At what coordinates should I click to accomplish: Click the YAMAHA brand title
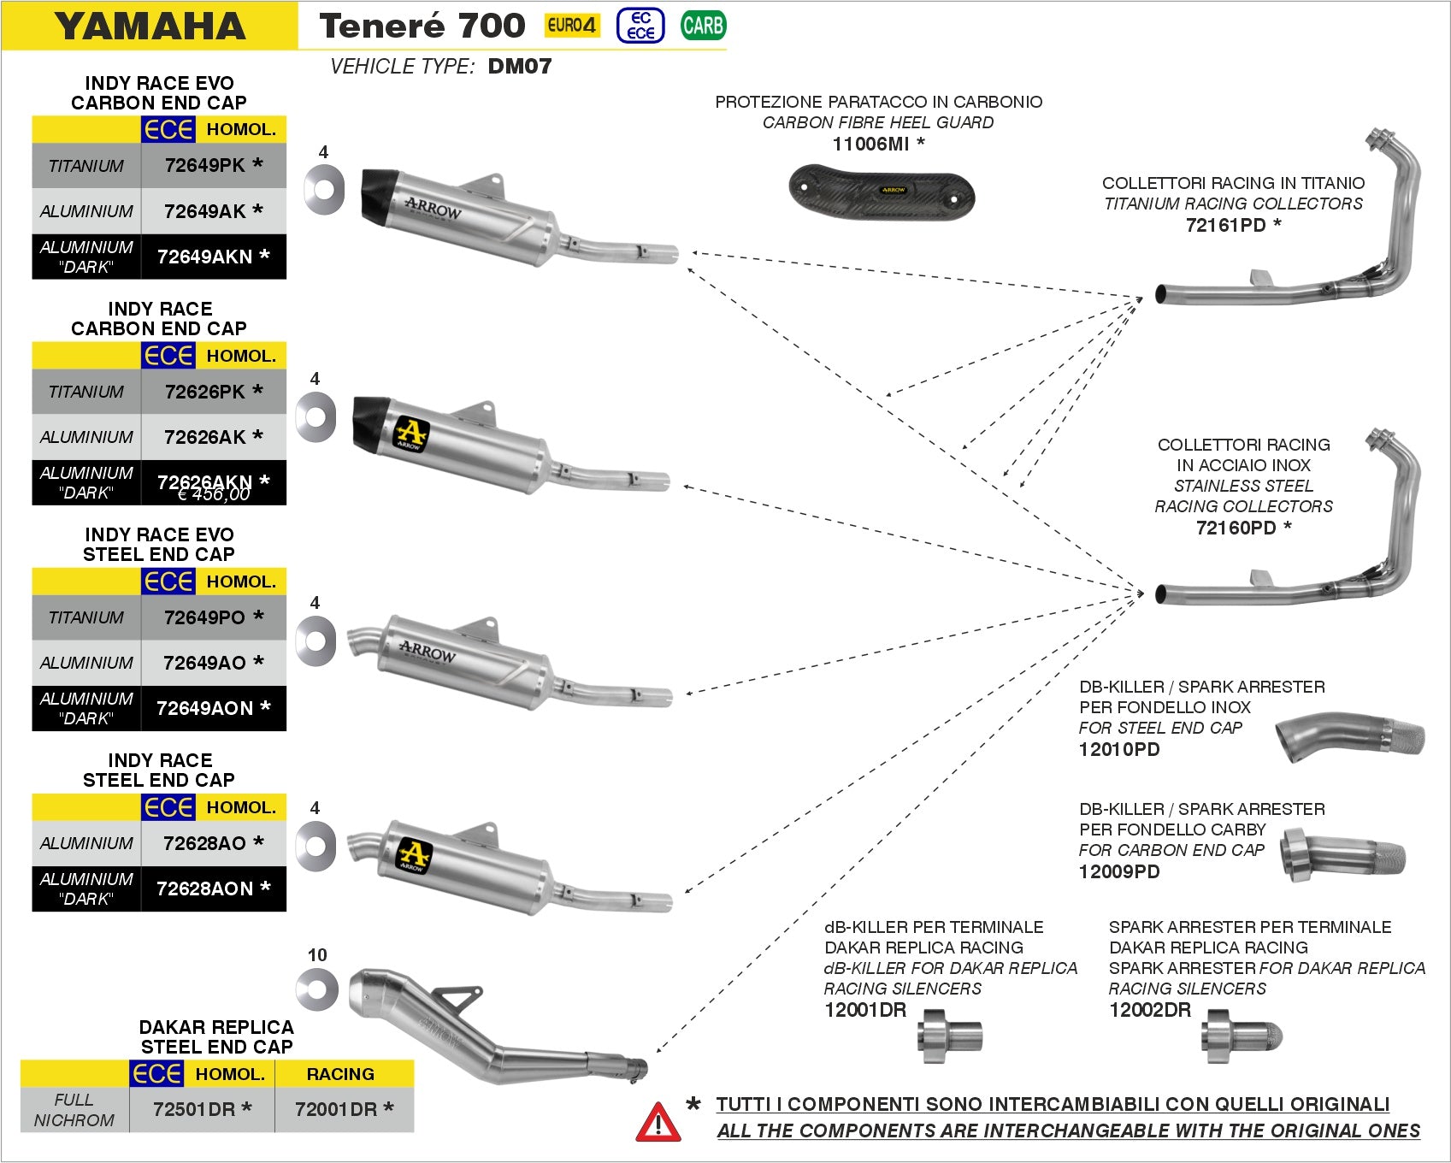click(x=150, y=26)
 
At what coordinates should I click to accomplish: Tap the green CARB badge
click(x=703, y=25)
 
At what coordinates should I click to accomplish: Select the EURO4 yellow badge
click(x=571, y=25)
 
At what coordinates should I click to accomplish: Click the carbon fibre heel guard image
click(x=882, y=192)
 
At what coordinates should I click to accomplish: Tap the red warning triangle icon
click(x=658, y=1123)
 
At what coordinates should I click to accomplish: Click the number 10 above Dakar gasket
click(x=317, y=955)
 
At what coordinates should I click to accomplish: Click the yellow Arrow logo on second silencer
click(x=410, y=431)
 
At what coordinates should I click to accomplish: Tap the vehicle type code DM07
click(x=520, y=66)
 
